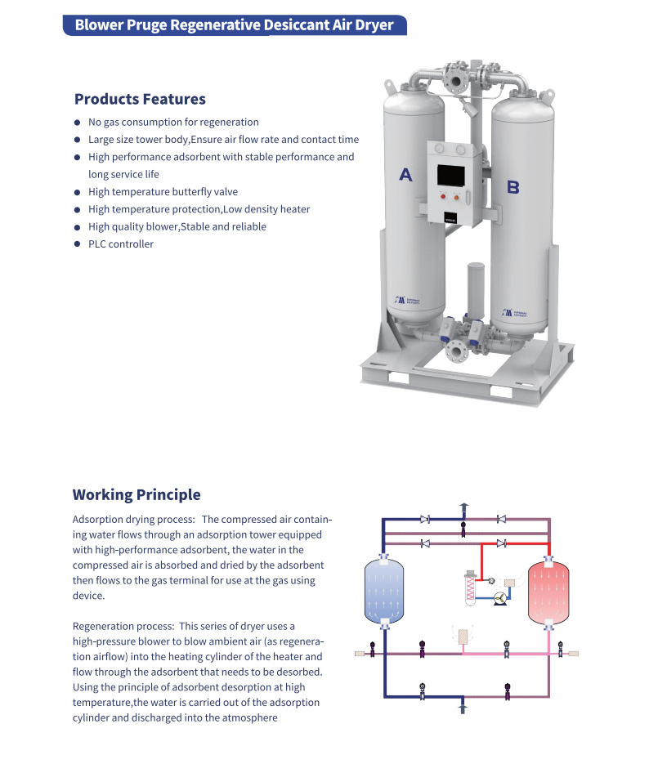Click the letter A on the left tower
[405, 173]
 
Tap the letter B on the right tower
[513, 187]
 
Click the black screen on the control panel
[452, 175]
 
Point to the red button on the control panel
[441, 197]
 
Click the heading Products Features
[140, 99]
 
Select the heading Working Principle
[137, 494]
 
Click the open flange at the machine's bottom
[454, 352]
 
